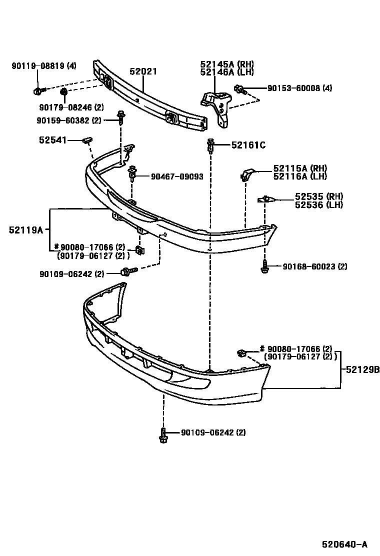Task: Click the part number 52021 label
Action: click(x=143, y=71)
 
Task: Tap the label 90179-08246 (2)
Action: click(x=71, y=106)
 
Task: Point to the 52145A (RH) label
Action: click(x=227, y=64)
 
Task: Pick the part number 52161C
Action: click(x=248, y=145)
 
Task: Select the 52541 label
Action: click(x=52, y=140)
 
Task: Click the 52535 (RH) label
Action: click(x=318, y=196)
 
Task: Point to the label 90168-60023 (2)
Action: click(x=314, y=267)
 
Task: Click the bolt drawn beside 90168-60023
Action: click(x=263, y=267)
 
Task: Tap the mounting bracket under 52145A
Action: click(x=217, y=105)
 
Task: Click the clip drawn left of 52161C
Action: click(x=210, y=145)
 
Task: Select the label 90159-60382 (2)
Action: click(x=68, y=120)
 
